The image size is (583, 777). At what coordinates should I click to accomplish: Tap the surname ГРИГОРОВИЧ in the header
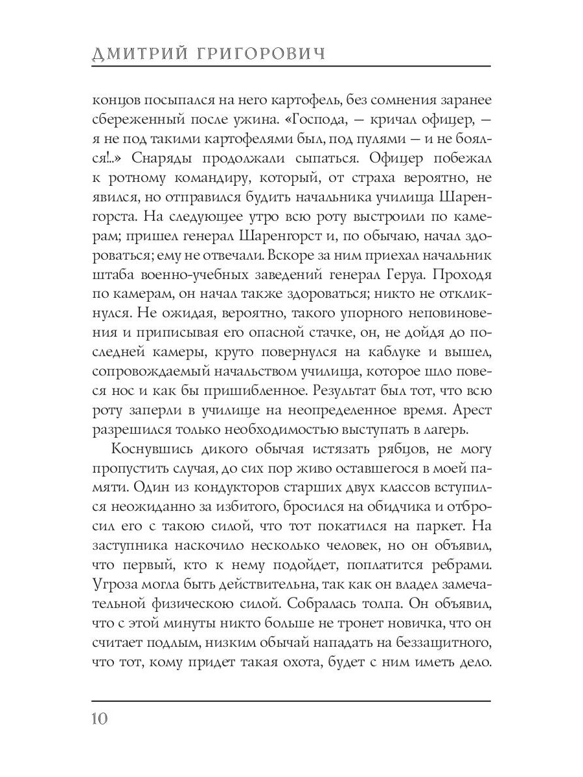(x=262, y=54)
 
